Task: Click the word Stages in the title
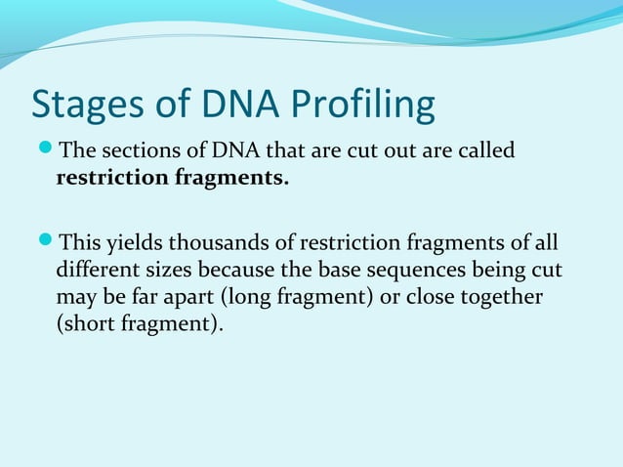coord(82,106)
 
